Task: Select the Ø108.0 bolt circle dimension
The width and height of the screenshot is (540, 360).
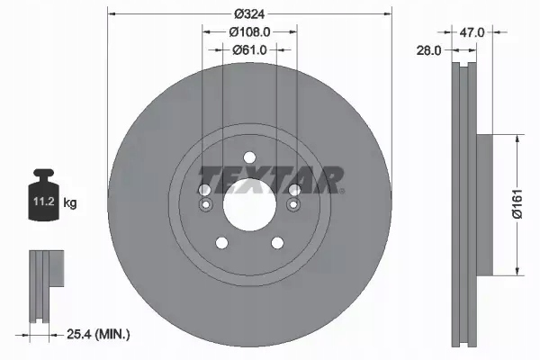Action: pyautogui.click(x=247, y=31)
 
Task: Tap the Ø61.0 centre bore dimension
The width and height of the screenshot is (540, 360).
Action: pyautogui.click(x=247, y=49)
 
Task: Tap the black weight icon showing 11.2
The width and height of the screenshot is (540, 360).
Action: pyautogui.click(x=43, y=196)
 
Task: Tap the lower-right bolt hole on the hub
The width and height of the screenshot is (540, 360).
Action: pyautogui.click(x=277, y=240)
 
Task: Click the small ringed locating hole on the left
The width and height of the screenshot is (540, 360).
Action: pyautogui.click(x=205, y=205)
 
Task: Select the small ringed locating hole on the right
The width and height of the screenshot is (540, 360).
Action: pyautogui.click(x=292, y=205)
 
